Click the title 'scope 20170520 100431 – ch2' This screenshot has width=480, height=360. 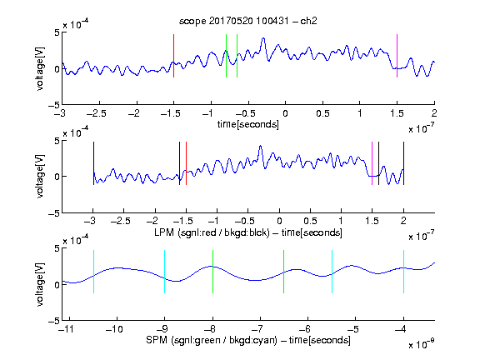(248, 21)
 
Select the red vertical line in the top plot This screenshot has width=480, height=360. (173, 56)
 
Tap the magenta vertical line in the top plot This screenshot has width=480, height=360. (397, 56)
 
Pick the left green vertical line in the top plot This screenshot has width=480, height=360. (226, 56)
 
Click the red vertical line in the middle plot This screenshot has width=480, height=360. (186, 163)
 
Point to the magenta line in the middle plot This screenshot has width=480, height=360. (372, 163)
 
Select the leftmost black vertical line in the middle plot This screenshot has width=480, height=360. (93, 163)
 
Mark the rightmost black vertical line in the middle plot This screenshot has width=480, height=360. (403, 163)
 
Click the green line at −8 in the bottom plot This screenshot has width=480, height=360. (212, 272)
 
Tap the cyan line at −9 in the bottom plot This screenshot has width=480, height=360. (165, 272)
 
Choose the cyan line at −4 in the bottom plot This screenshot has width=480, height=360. (403, 272)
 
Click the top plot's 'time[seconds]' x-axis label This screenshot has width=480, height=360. (248, 125)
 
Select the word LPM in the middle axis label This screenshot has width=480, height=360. (164, 232)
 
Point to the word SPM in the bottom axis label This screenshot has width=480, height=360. (157, 340)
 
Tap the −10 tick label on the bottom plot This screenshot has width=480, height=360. (114, 329)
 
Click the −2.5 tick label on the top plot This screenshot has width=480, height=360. (97, 113)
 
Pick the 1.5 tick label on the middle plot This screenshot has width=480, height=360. (372, 221)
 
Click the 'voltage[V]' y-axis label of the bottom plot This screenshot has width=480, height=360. (40, 284)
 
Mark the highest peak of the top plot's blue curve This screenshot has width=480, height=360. (263, 38)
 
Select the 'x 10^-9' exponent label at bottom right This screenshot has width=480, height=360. (422, 344)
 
